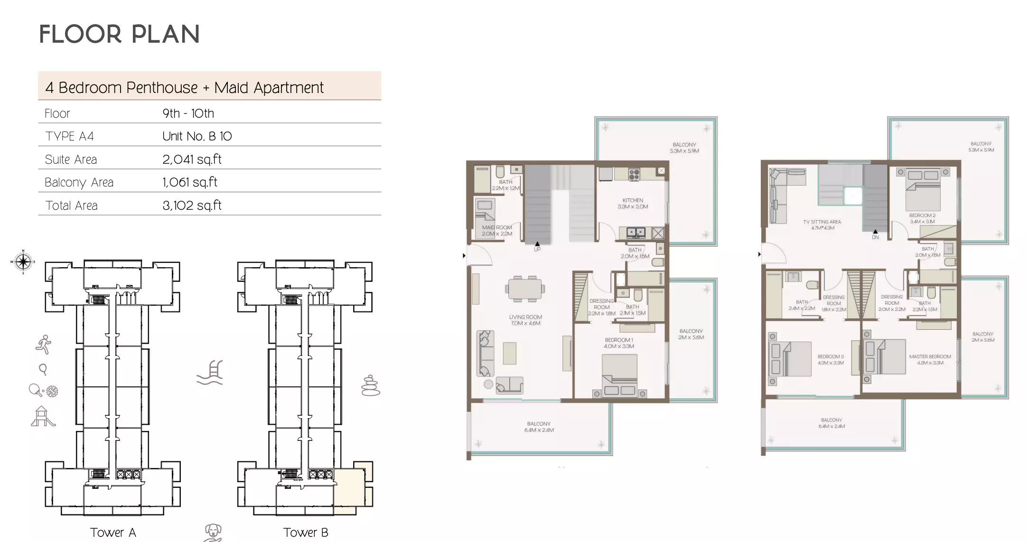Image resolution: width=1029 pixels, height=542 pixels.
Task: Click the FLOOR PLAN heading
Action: (119, 35)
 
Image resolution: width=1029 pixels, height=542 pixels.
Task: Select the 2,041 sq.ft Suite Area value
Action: (192, 159)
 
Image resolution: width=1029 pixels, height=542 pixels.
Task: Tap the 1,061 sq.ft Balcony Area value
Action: (190, 182)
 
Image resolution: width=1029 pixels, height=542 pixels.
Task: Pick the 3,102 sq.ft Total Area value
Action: (192, 206)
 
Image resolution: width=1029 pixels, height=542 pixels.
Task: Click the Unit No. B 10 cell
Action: (197, 137)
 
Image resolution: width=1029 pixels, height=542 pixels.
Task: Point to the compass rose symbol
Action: (23, 262)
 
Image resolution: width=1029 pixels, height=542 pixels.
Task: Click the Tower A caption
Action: (113, 533)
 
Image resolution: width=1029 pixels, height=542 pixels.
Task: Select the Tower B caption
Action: (306, 533)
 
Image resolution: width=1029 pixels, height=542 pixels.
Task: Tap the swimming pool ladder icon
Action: (210, 373)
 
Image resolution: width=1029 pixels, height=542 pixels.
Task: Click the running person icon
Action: (44, 345)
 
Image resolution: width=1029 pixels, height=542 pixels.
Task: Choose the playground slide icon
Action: (43, 416)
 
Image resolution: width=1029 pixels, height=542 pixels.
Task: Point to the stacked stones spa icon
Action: (370, 386)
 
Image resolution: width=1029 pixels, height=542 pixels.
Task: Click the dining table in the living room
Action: (525, 288)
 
